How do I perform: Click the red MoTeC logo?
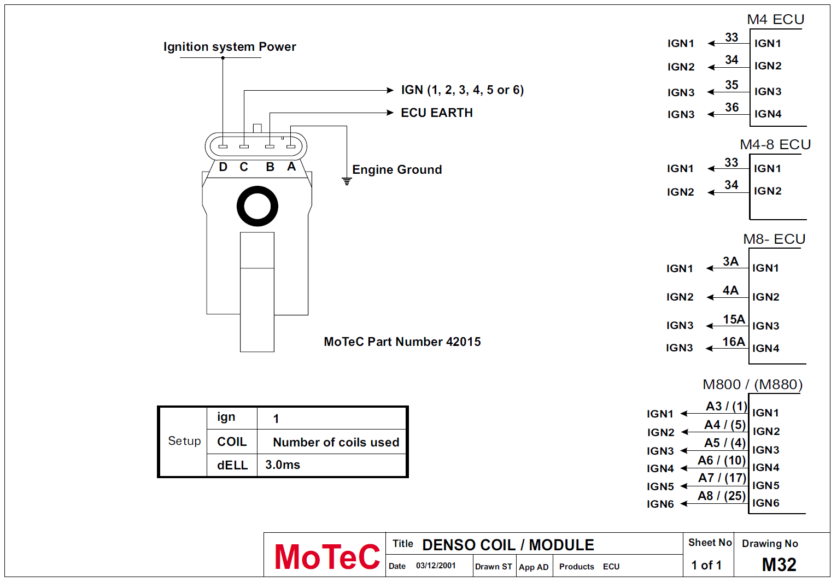click(327, 557)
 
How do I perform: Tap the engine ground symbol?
click(347, 181)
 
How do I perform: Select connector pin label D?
click(223, 167)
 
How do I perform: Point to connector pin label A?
click(291, 167)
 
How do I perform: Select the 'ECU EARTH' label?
click(437, 113)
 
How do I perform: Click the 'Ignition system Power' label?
click(230, 46)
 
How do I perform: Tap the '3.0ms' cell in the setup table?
click(283, 465)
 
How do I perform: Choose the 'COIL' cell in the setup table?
click(232, 442)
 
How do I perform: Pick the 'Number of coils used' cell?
click(336, 442)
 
